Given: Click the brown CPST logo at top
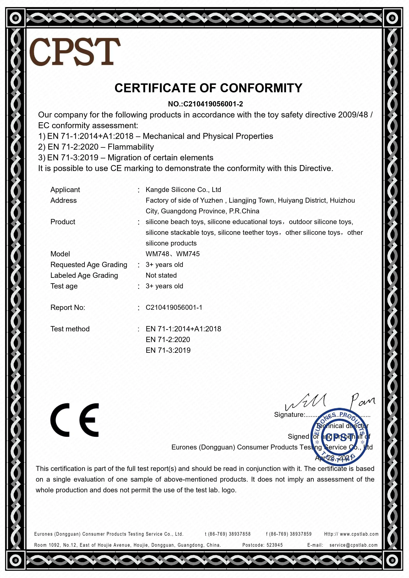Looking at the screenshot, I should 75,52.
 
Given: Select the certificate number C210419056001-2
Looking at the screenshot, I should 213,104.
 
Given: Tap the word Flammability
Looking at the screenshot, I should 131,147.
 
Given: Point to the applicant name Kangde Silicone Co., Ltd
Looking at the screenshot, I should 183,189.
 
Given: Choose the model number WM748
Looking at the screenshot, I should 157,254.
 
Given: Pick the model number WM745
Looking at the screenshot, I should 188,254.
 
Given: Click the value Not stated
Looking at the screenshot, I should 161,275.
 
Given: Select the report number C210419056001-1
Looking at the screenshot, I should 174,307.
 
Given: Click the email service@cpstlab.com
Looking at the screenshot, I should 353,545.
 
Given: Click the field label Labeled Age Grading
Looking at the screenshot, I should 84,275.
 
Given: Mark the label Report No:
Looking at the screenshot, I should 68,307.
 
